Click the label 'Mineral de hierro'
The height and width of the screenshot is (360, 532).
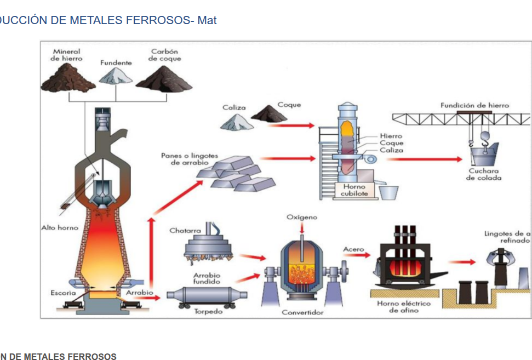[x=67, y=55]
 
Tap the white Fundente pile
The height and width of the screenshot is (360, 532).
[x=116, y=76]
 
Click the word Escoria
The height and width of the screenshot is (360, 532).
[x=63, y=293]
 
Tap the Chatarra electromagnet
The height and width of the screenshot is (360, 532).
[x=208, y=244]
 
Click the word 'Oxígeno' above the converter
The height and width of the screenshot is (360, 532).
[x=302, y=218]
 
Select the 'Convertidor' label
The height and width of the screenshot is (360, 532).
[x=302, y=312]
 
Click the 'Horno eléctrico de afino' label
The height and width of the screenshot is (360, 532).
[x=403, y=307]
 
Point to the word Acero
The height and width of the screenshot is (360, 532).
[x=353, y=249]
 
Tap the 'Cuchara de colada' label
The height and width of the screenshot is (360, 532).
[x=484, y=174]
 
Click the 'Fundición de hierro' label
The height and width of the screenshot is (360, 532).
[x=474, y=105]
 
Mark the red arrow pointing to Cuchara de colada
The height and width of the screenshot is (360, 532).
[x=424, y=159]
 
